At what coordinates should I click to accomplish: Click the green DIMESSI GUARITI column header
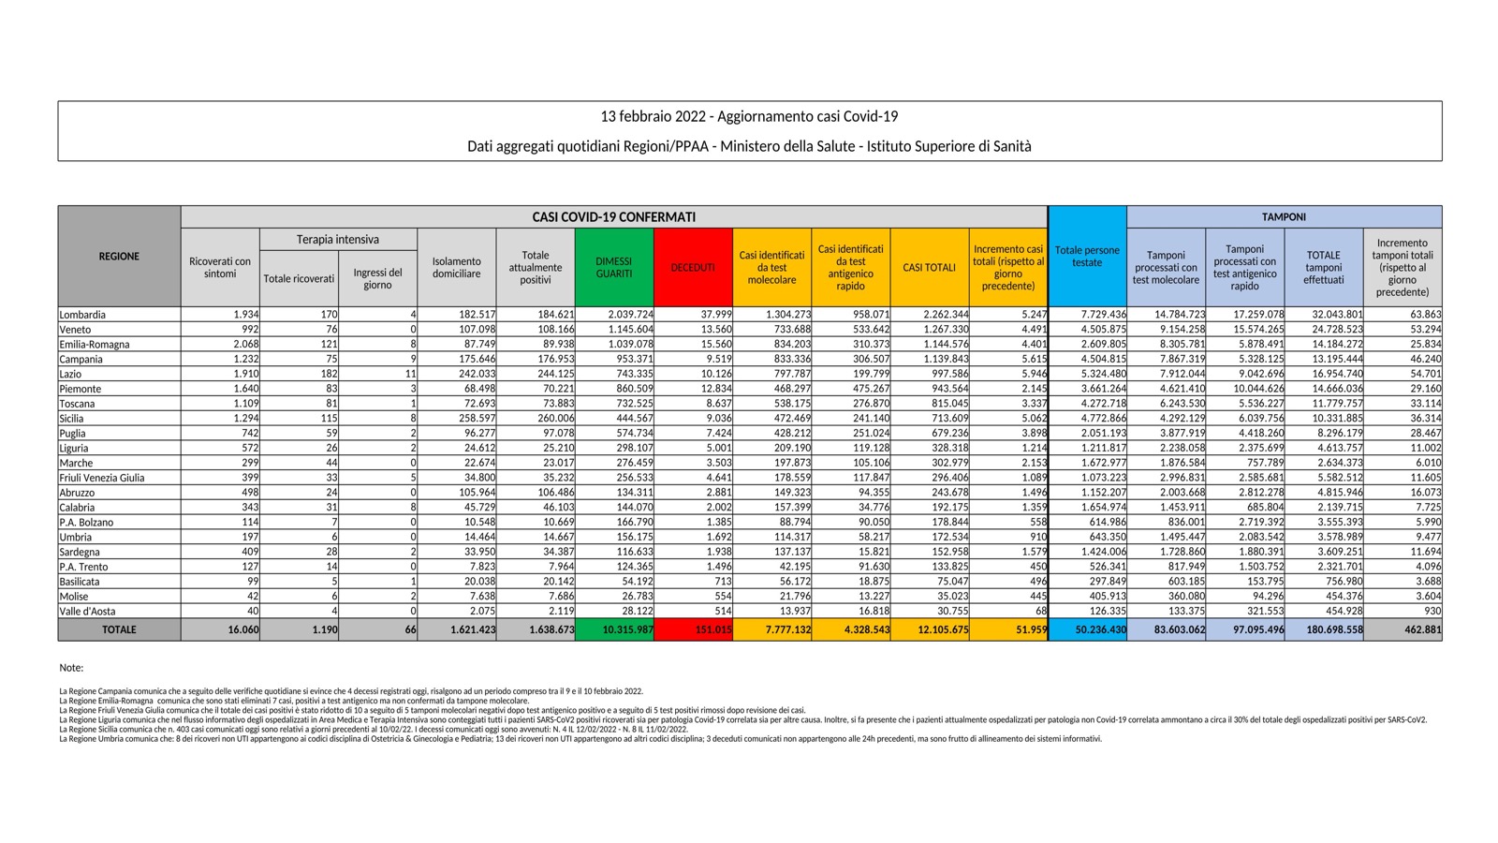(614, 268)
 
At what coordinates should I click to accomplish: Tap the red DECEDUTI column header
(693, 268)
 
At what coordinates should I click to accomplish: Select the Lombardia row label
(82, 315)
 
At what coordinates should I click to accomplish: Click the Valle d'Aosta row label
(87, 611)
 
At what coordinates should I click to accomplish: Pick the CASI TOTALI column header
(930, 268)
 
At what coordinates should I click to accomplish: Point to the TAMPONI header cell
(1284, 216)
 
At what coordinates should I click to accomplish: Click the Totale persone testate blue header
(1087, 257)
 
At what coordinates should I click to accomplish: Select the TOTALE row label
(119, 630)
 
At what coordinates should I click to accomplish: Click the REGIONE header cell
(119, 257)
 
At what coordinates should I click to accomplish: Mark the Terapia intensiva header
(338, 240)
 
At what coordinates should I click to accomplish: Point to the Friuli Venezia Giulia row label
(102, 478)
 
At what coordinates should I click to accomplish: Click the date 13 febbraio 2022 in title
(655, 117)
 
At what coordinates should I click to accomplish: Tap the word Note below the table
(71, 668)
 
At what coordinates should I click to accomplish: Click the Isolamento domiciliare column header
(457, 268)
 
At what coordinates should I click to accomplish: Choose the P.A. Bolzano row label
(86, 522)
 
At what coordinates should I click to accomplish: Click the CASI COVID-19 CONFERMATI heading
(613, 216)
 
